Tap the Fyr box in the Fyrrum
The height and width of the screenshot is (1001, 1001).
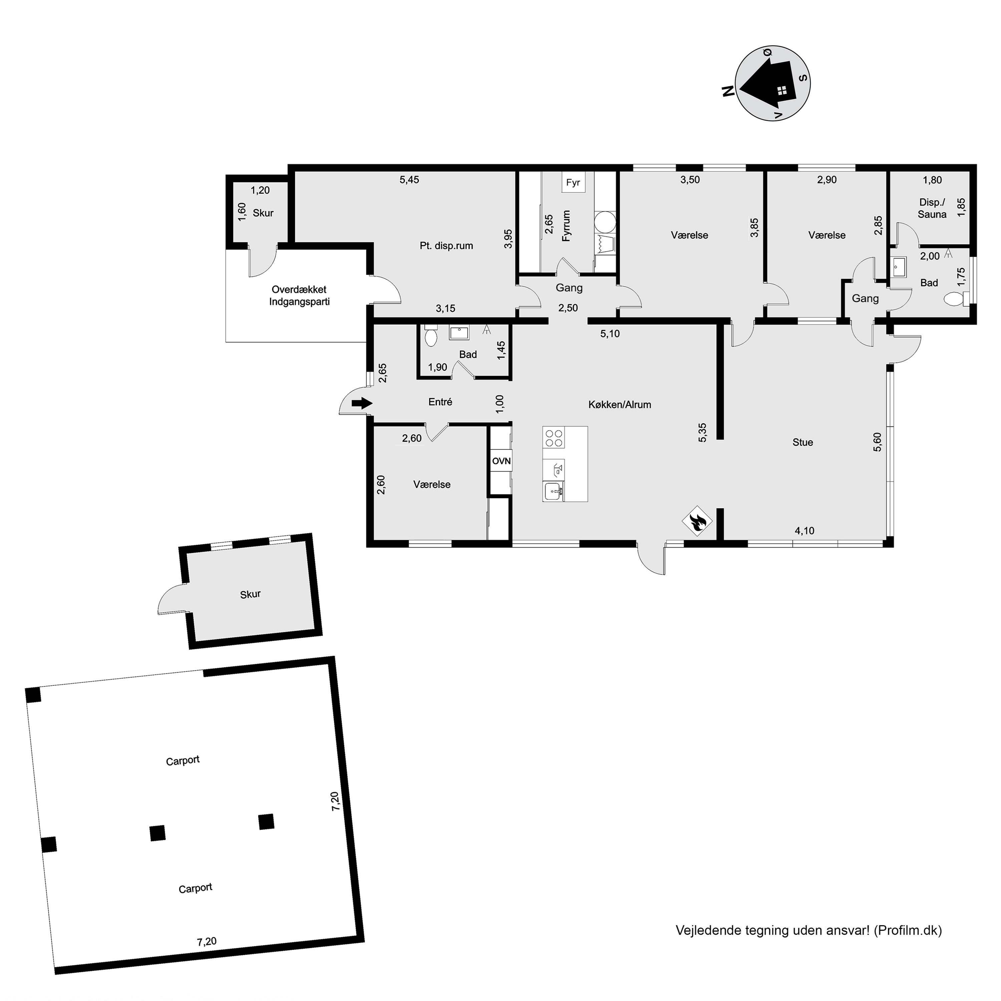click(x=573, y=183)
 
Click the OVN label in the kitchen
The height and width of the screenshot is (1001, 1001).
click(x=501, y=460)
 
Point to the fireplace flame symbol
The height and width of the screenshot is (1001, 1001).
click(x=697, y=521)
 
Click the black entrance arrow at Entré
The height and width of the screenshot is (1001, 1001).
click(x=362, y=403)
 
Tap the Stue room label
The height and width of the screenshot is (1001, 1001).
click(x=802, y=442)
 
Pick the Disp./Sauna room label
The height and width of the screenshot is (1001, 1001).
click(x=932, y=208)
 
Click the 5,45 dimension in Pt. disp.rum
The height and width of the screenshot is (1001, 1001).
click(x=409, y=180)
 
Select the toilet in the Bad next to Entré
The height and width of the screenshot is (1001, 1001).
click(x=430, y=336)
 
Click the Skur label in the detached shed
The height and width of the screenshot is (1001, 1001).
click(x=250, y=594)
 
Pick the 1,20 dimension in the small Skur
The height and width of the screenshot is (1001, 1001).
click(x=260, y=190)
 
